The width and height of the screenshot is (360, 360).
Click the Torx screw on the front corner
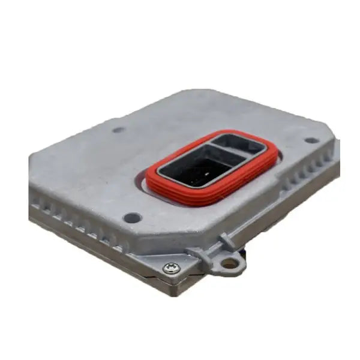pos(172,268)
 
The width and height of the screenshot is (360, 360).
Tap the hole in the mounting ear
pos(230,262)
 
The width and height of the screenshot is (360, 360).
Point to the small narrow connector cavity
pos(239,143)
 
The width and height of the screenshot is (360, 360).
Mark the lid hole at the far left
pos(119,130)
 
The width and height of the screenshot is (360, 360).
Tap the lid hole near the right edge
pos(311,140)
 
